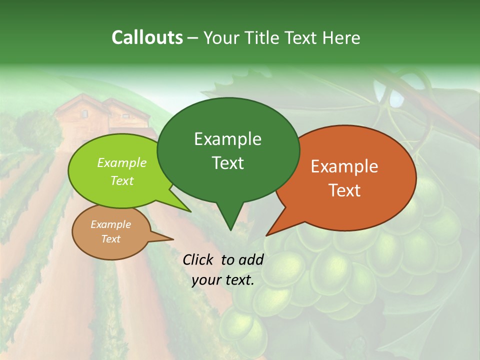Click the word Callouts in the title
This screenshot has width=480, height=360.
click(x=147, y=38)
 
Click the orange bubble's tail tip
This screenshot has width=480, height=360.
click(x=268, y=234)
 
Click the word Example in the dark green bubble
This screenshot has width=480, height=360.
click(x=228, y=139)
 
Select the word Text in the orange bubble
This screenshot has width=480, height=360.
click(x=344, y=190)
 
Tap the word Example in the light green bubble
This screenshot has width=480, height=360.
click(x=122, y=163)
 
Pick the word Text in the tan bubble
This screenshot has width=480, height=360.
click(x=111, y=239)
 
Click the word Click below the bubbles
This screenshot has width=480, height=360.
click(x=198, y=259)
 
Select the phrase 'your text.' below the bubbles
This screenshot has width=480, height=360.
click(x=223, y=280)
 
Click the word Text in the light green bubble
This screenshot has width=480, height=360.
click(x=122, y=180)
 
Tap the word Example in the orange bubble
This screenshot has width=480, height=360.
click(x=344, y=166)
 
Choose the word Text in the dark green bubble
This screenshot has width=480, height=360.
click(x=228, y=163)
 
